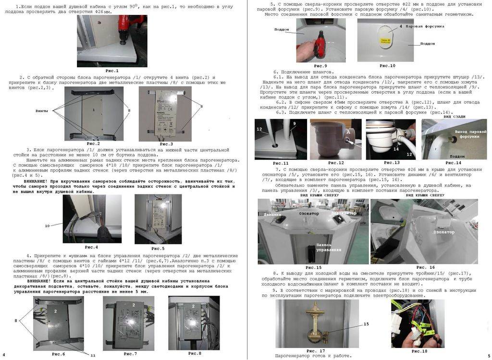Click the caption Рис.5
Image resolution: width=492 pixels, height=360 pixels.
click(158, 248)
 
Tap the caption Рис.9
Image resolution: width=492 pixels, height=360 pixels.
click(320, 66)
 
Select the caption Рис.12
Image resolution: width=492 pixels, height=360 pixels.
click(331, 163)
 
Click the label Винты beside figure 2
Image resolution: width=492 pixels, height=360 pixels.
click(42, 110)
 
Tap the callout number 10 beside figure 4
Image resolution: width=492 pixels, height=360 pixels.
click(47, 225)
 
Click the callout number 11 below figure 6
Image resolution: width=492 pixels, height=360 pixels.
click(93, 355)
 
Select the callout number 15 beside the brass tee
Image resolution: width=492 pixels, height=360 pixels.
click(366, 324)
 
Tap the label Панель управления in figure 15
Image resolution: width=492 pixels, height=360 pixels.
click(329, 247)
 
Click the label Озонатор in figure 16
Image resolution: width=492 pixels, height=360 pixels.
click(444, 232)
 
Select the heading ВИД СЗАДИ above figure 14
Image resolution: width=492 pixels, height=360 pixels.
click(455, 117)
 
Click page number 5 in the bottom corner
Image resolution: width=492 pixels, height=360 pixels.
click(488, 355)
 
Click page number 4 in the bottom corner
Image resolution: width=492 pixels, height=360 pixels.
click(4, 355)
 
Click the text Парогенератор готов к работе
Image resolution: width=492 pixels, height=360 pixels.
click(313, 356)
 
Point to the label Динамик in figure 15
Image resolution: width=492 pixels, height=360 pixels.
click(272, 215)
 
